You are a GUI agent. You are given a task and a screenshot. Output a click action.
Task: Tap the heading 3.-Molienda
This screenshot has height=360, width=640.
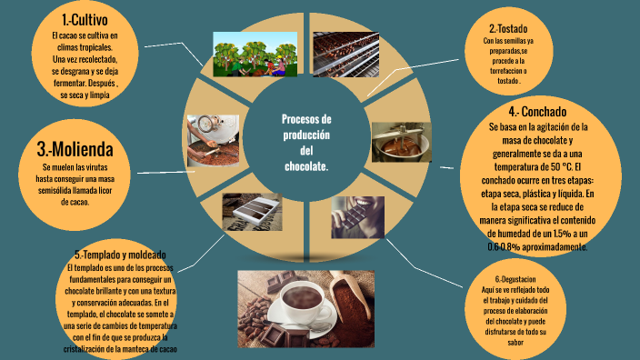(x=75, y=150)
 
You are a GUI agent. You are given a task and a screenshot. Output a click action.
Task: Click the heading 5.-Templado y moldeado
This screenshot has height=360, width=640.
(x=120, y=255)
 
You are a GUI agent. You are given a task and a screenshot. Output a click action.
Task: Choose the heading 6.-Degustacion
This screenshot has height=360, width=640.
(x=515, y=278)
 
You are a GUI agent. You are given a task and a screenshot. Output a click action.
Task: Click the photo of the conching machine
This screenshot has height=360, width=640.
(x=401, y=141)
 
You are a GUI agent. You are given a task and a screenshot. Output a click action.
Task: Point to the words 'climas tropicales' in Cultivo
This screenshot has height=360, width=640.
(x=83, y=47)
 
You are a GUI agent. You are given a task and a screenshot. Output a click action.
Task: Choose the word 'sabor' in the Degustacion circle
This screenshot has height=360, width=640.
(x=515, y=344)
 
